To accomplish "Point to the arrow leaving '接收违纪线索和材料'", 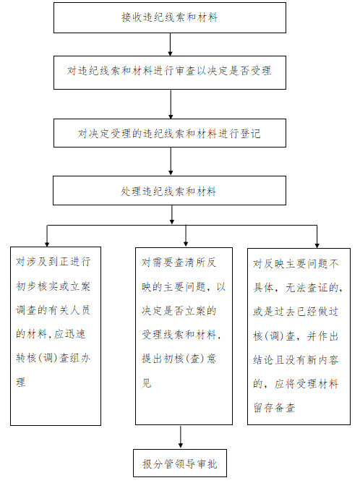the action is click(170, 44).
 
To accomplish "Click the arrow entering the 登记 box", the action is click(171, 104).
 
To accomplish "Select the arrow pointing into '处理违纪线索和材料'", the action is click(171, 161).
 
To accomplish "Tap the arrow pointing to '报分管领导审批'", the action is click(181, 437).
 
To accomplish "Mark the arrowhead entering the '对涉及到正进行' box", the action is click(47, 244).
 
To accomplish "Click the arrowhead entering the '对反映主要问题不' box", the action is click(317, 245).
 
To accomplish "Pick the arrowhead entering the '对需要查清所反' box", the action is click(186, 244).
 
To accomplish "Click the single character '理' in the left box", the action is click(21, 382).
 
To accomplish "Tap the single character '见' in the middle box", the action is click(146, 383).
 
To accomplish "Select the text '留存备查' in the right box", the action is click(274, 408).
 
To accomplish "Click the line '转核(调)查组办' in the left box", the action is click(53, 358).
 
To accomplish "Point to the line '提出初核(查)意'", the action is click(179, 359).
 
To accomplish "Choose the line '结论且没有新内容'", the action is click(296, 360).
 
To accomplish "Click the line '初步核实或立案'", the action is click(53, 286).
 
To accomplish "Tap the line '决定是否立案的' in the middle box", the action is click(179, 311).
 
